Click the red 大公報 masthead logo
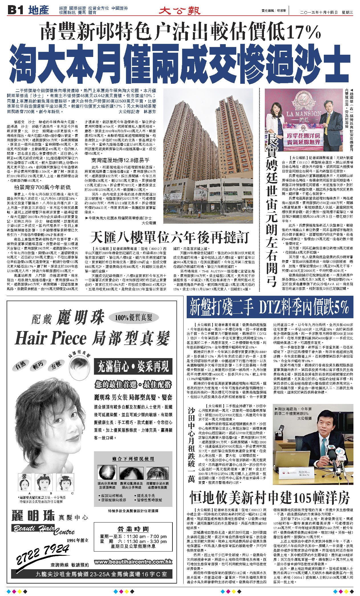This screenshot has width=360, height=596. click(x=180, y=11)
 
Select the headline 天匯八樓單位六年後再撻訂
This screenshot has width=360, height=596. click(x=170, y=237)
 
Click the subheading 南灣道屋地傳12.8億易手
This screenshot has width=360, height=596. click(x=120, y=160)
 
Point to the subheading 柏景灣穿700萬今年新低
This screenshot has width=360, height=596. click(x=42, y=187)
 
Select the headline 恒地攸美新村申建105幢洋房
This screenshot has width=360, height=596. click(x=270, y=498)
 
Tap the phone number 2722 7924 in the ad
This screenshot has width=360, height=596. click(x=43, y=554)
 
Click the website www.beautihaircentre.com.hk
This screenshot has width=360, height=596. click(x=133, y=562)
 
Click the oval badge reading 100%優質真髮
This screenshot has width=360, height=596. click(x=134, y=317)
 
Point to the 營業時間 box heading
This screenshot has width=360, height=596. click(x=133, y=529)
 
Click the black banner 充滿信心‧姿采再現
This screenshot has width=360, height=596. click(x=133, y=366)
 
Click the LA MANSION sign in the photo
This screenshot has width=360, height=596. click(x=304, y=114)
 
